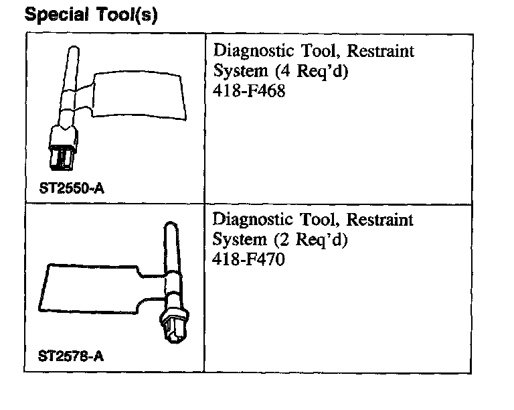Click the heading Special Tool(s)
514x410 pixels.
91,15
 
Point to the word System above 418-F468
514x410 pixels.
236,71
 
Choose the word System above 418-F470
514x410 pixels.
236,239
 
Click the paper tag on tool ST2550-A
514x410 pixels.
139,96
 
